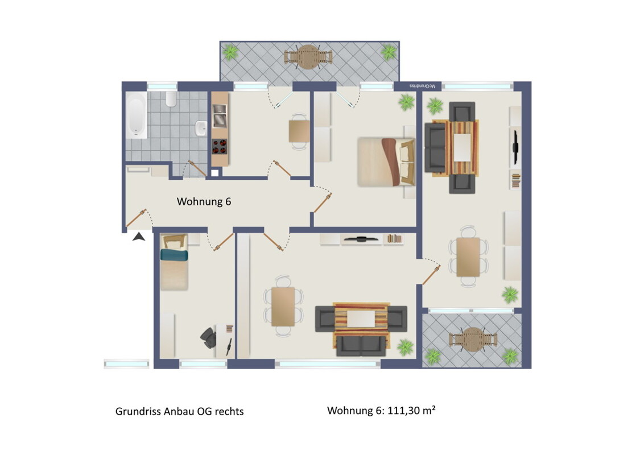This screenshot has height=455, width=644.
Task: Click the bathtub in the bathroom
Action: (136, 114)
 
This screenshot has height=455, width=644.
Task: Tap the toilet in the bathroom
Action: (171, 99)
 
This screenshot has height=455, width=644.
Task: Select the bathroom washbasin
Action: (201, 128)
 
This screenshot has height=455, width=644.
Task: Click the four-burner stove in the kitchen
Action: (220, 146)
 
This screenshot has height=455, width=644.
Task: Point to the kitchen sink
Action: (220, 115)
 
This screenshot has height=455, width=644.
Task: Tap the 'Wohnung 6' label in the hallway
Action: (204, 202)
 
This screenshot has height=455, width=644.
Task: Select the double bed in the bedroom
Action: (386, 162)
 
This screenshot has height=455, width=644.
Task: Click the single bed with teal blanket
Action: (174, 262)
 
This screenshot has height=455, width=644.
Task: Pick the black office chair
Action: (209, 338)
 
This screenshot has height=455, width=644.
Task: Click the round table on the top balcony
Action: (308, 57)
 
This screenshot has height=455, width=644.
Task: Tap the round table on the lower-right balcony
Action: (473, 339)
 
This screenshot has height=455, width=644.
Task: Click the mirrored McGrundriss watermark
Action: (422, 86)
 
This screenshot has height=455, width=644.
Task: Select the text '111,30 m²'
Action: (411, 410)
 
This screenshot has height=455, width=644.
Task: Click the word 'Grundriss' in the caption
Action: (138, 411)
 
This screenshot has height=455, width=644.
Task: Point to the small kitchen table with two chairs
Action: (299, 131)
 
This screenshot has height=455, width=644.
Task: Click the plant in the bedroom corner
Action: (406, 102)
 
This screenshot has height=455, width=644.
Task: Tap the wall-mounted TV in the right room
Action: (515, 147)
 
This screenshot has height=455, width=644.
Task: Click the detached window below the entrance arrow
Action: (126, 364)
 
